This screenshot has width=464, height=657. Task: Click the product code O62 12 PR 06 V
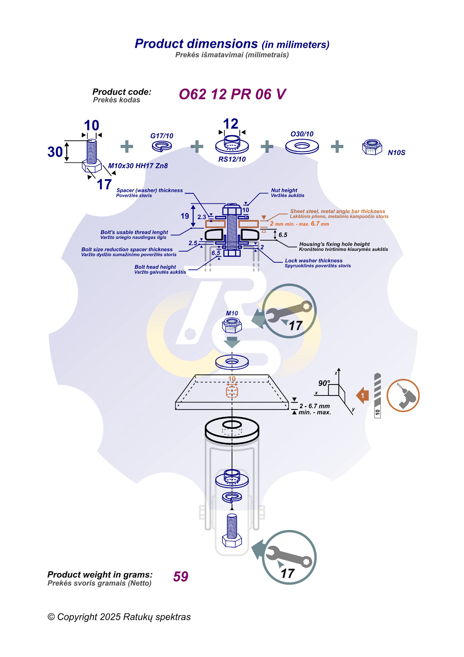(232, 94)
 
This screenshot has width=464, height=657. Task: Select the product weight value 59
(181, 576)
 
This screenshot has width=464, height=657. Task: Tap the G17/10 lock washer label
(162, 136)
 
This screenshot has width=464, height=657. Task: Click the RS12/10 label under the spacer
(232, 159)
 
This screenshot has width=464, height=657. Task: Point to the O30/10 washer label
(302, 134)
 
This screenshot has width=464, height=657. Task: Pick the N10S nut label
(396, 153)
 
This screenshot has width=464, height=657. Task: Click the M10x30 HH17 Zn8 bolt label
(138, 166)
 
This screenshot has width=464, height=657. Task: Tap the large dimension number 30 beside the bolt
(55, 152)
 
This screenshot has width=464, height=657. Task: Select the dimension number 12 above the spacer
(231, 124)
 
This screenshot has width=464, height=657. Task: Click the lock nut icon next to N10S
(372, 147)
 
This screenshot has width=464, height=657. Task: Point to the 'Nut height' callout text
(284, 190)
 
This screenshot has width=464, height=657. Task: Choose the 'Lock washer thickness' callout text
(313, 261)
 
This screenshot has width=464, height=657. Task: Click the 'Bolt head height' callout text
(155, 267)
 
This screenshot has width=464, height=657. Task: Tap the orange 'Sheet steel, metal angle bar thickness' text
(338, 211)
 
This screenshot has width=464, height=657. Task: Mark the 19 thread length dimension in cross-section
(185, 216)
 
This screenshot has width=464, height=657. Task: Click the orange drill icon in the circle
(403, 395)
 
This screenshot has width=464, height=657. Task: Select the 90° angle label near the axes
(324, 383)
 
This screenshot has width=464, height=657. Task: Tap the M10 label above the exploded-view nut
(232, 314)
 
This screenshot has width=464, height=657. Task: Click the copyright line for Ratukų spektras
(119, 617)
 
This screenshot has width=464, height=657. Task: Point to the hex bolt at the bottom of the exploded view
(232, 530)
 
